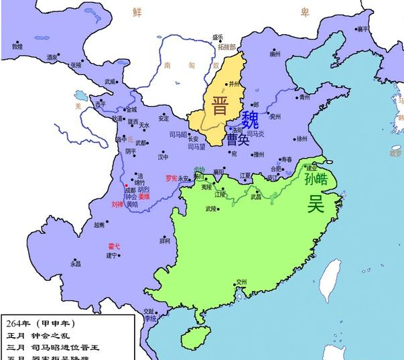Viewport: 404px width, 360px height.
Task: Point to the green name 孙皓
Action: click(x=316, y=179)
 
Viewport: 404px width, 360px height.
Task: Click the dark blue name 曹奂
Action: click(x=237, y=139)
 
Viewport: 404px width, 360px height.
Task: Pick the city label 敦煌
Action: click(x=17, y=46)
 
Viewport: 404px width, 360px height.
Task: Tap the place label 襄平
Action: click(x=362, y=29)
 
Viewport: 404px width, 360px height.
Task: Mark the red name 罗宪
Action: click(x=172, y=178)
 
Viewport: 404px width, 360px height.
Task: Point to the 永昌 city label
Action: click(x=75, y=263)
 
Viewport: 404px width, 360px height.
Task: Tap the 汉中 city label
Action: click(x=163, y=158)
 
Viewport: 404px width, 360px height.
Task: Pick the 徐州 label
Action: click(x=301, y=139)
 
